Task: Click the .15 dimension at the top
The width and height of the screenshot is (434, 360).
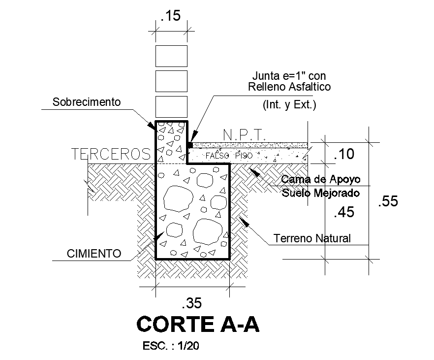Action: (171, 16)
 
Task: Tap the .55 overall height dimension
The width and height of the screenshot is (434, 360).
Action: (388, 201)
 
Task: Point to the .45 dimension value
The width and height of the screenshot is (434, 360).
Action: (343, 213)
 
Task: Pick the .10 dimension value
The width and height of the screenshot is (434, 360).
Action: (343, 155)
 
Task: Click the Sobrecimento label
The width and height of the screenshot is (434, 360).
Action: (87, 102)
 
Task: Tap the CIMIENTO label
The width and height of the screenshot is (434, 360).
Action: (94, 254)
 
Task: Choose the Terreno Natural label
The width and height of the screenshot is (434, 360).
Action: (312, 238)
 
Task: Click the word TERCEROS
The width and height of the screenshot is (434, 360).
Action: (111, 154)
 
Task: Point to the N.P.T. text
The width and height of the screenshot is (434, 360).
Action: (245, 134)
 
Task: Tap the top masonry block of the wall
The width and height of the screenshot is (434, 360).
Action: (171, 56)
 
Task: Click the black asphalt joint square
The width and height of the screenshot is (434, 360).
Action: (189, 145)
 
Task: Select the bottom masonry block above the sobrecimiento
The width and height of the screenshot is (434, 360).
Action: (171, 107)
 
